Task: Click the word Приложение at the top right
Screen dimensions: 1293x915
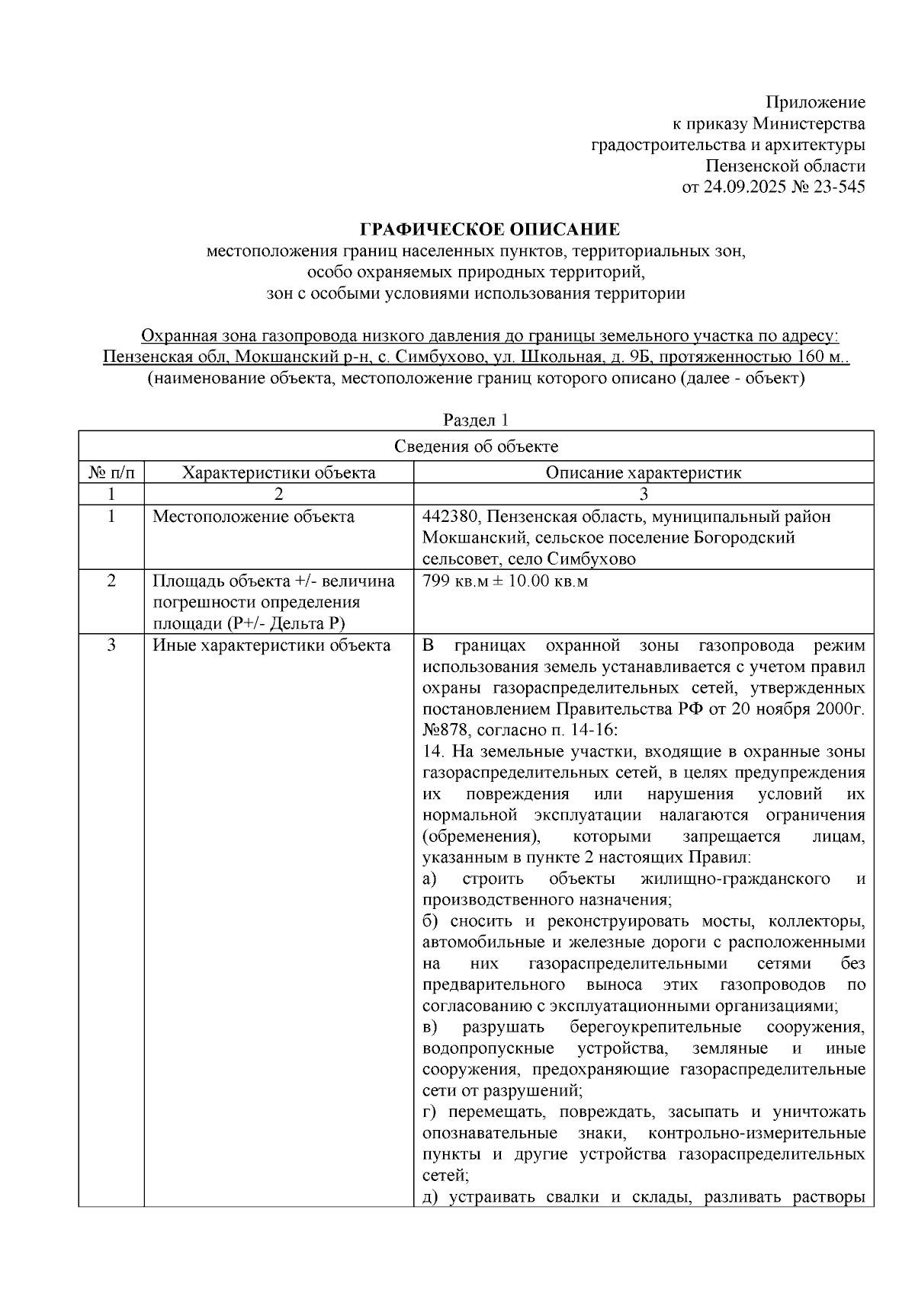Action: click(x=815, y=103)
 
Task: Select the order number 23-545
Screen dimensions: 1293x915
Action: click(x=840, y=187)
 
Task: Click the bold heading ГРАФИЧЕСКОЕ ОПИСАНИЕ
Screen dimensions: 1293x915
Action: click(x=490, y=229)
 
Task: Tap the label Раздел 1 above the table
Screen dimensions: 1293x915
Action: click(x=476, y=420)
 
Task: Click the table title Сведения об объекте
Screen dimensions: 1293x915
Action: click(x=476, y=446)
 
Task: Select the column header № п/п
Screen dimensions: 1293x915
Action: click(x=111, y=472)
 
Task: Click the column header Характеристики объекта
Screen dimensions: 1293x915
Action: click(x=278, y=472)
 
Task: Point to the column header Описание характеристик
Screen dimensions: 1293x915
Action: click(x=643, y=472)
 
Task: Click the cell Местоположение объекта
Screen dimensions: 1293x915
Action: click(x=253, y=517)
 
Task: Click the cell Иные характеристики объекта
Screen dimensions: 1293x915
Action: click(x=271, y=646)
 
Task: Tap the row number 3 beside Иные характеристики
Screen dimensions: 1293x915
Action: click(x=111, y=646)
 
